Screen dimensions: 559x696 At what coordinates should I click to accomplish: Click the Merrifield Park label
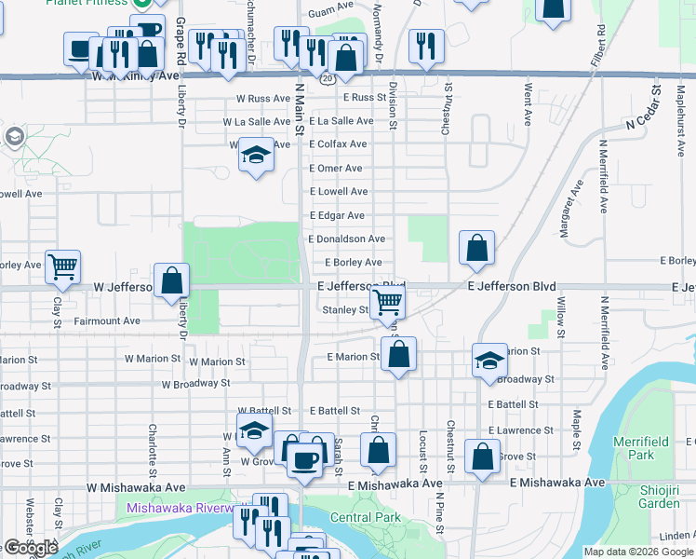[x=639, y=447]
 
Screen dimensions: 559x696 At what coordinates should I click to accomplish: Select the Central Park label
[x=365, y=517]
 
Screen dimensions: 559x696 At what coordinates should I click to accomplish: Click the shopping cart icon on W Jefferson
[x=62, y=266]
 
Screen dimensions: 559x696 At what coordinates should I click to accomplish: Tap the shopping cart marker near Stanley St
[x=387, y=301]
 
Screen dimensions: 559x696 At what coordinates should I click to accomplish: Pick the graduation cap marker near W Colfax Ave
[x=255, y=155]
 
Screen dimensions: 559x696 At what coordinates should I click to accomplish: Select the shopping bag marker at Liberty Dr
[x=172, y=279]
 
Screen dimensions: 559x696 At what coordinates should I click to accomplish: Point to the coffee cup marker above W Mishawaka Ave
[x=304, y=458]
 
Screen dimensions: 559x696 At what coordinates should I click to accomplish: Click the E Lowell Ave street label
[x=339, y=191]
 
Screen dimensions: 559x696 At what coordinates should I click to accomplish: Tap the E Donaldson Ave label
[x=346, y=239]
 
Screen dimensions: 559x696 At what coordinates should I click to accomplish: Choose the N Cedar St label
[x=647, y=116]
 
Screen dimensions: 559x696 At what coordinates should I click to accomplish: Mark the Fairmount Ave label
[x=107, y=321]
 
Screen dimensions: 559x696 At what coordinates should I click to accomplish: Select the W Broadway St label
[x=195, y=383]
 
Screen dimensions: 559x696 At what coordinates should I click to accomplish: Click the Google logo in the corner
[x=30, y=548]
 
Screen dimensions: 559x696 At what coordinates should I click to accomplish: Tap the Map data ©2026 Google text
[x=637, y=552]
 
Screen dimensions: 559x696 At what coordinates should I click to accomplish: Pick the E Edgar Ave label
[x=337, y=215]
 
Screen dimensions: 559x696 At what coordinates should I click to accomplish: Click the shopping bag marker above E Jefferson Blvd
[x=476, y=248]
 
